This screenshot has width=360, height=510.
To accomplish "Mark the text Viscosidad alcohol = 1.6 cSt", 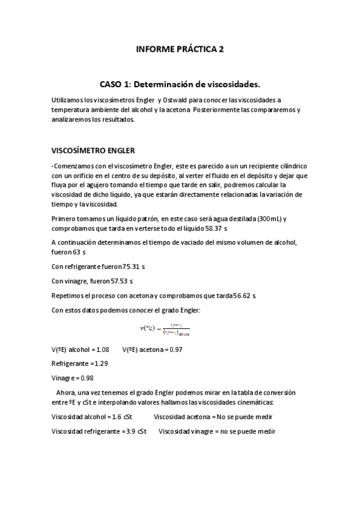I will pyautogui.click(x=93, y=416).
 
